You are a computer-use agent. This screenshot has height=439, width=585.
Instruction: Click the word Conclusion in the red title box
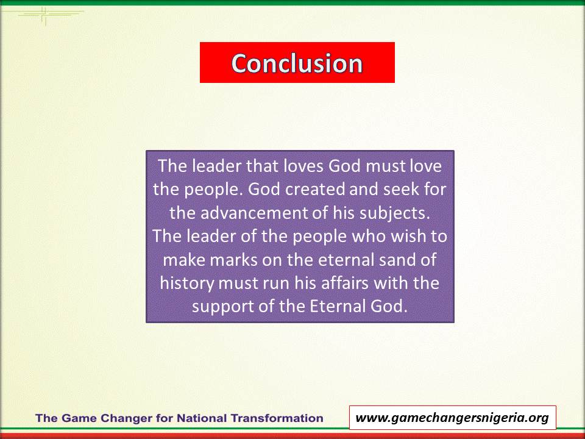pyautogui.click(x=297, y=63)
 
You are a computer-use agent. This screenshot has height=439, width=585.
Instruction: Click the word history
pyautogui.click(x=187, y=284)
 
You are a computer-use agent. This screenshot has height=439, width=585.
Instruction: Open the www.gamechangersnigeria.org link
pyautogui.click(x=452, y=417)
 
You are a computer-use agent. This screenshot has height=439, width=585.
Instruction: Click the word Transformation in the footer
pyautogui.click(x=277, y=418)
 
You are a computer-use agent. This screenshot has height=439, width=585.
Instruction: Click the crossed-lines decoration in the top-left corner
pyautogui.click(x=44, y=14)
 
